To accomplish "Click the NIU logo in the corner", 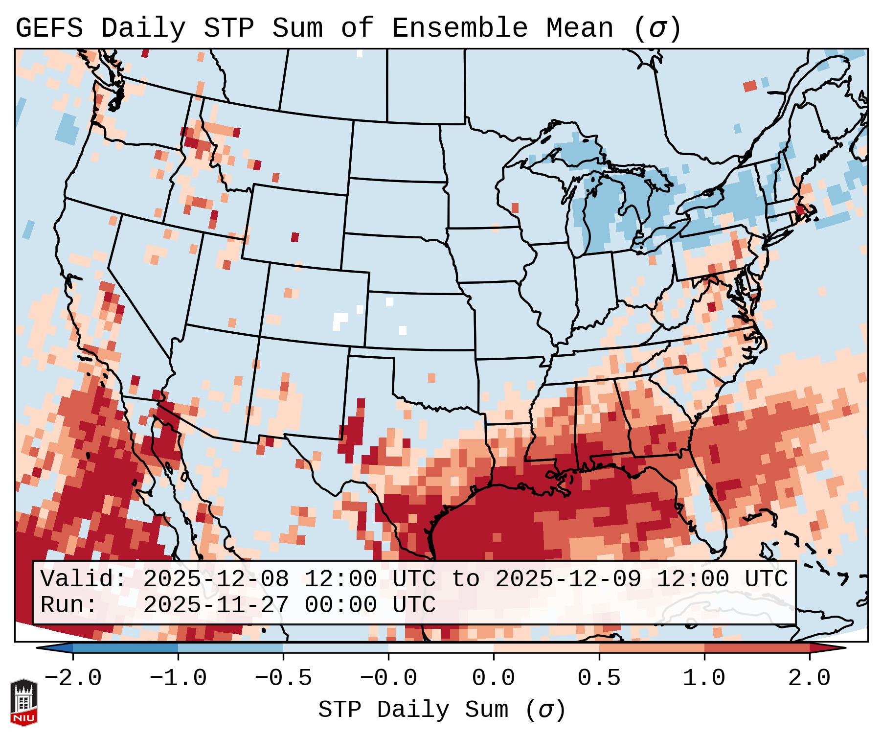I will pos(23,702).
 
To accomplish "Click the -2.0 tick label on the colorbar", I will pos(73,678).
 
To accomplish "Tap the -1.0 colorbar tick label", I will pos(178,678).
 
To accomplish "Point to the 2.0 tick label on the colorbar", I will pos(810,678).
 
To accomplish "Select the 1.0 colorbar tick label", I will pos(704,678).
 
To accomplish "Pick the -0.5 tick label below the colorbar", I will pos(283,678).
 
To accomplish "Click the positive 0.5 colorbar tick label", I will pos(599,678).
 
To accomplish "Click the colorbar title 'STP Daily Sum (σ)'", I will pos(442,710).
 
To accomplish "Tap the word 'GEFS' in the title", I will pos(49,28).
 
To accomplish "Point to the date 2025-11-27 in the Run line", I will pos(216,605).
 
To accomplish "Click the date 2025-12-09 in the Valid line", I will pos(568,579).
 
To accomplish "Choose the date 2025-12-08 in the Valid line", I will pos(216,579).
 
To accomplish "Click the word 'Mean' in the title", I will pos(580,28).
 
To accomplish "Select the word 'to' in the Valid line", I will pos(465,579).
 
